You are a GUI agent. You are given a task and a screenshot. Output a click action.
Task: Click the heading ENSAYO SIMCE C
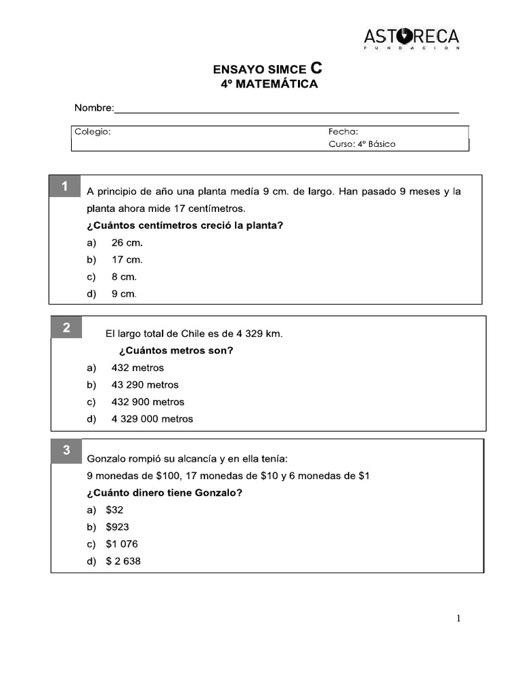tap(268, 69)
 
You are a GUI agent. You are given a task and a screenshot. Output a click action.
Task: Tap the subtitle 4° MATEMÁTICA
tap(269, 85)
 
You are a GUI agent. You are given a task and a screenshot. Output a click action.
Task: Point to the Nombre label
tap(93, 108)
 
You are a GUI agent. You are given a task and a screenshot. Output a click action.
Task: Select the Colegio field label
tap(93, 132)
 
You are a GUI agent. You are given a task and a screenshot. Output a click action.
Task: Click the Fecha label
tap(343, 132)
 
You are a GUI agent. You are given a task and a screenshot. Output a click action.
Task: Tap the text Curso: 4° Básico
tap(362, 144)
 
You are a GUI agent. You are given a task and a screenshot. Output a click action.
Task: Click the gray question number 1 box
tap(64, 187)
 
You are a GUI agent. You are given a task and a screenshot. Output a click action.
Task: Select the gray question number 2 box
tap(66, 328)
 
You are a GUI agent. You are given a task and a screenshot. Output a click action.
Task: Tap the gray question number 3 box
tap(66, 451)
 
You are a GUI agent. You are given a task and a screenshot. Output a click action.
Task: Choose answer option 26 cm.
tap(127, 243)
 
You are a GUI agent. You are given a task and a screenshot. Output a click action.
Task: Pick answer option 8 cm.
tap(124, 277)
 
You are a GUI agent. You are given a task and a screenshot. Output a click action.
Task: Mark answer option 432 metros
tap(137, 368)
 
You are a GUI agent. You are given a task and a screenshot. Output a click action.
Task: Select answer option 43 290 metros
tap(145, 385)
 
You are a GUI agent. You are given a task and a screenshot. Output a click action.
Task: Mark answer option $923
tap(117, 527)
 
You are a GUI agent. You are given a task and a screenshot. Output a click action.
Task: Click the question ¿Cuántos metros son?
tap(176, 351)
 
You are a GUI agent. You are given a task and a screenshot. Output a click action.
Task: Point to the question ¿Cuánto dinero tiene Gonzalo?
tap(165, 493)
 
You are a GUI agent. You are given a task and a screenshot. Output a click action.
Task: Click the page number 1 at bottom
tap(458, 618)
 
